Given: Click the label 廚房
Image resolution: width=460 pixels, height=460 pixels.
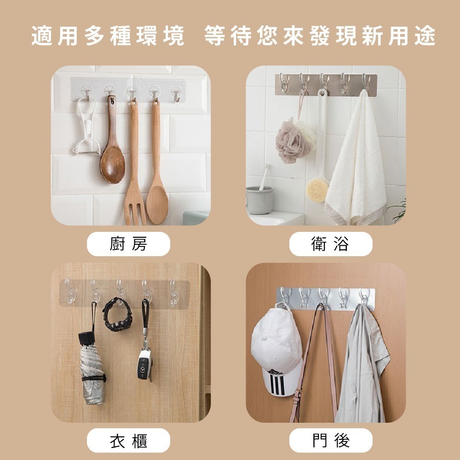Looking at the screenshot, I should [x=128, y=244].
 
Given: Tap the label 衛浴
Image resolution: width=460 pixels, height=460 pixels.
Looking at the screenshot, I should [x=330, y=244].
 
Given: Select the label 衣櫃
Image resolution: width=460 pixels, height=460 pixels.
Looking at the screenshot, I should [x=128, y=440].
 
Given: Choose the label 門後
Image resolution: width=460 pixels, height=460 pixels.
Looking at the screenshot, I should [x=330, y=440].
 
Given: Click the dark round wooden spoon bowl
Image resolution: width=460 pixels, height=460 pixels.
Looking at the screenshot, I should [x=112, y=163].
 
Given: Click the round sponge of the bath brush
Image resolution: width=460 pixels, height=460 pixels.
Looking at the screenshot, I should [x=317, y=190].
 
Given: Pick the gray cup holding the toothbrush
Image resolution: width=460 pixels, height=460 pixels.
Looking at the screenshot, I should [x=259, y=200].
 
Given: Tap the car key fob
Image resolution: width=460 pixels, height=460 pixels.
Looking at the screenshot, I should [x=144, y=364].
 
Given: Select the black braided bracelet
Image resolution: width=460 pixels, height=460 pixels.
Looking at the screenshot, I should [x=117, y=316].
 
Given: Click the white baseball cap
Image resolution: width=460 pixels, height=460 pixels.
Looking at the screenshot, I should [x=276, y=350].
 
